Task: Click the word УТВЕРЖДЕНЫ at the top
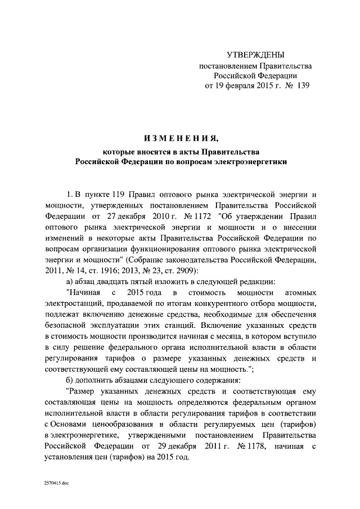point(255,55)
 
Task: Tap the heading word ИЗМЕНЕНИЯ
point(181,138)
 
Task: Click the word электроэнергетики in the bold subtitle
point(253,161)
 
